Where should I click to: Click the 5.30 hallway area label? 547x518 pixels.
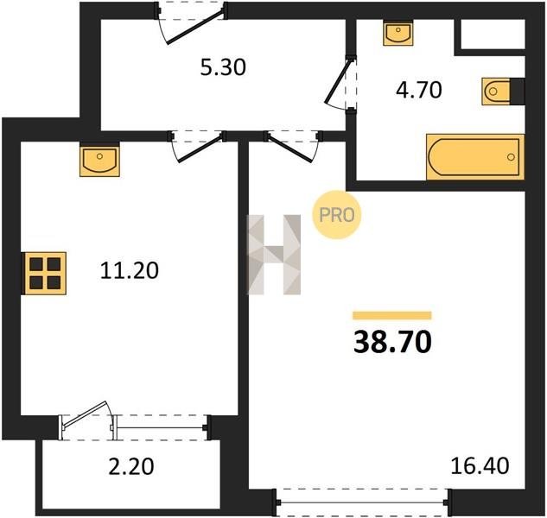223,67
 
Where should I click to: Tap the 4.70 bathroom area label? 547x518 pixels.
419,90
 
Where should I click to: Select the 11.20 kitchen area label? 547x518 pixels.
130,270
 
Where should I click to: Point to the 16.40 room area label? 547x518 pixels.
480,465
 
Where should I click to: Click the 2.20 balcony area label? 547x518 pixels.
131,467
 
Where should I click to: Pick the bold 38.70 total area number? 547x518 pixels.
392,342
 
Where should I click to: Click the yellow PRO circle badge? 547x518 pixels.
336,215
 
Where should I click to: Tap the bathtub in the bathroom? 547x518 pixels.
475,157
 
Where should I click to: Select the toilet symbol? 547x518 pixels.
496,92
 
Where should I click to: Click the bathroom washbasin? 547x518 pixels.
398,33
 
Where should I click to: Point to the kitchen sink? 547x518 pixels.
99,161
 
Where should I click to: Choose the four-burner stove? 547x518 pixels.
45,274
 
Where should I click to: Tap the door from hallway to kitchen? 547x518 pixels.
199,148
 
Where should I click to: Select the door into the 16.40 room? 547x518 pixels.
290,148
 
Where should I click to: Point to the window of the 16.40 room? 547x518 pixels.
362,502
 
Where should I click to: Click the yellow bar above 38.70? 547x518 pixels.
392,315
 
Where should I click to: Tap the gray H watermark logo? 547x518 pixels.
274,255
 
